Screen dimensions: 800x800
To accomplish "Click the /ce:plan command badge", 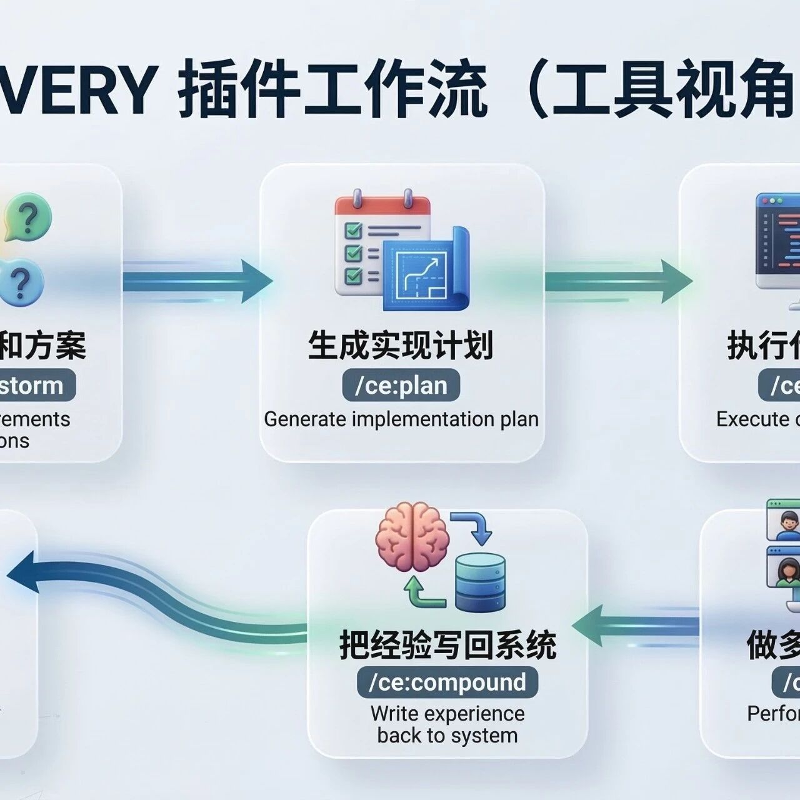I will coord(401,386).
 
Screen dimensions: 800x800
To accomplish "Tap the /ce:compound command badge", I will coord(447,682).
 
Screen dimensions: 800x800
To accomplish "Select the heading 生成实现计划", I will coord(401,346).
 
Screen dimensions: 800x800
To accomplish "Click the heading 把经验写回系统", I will coord(447,644).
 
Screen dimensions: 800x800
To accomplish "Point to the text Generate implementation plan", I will coord(401,419).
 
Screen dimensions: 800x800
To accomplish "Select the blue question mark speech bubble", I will coord(22,282).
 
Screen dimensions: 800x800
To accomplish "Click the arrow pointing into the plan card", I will coord(200,281).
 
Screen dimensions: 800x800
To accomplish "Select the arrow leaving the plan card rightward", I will coord(616,281).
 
